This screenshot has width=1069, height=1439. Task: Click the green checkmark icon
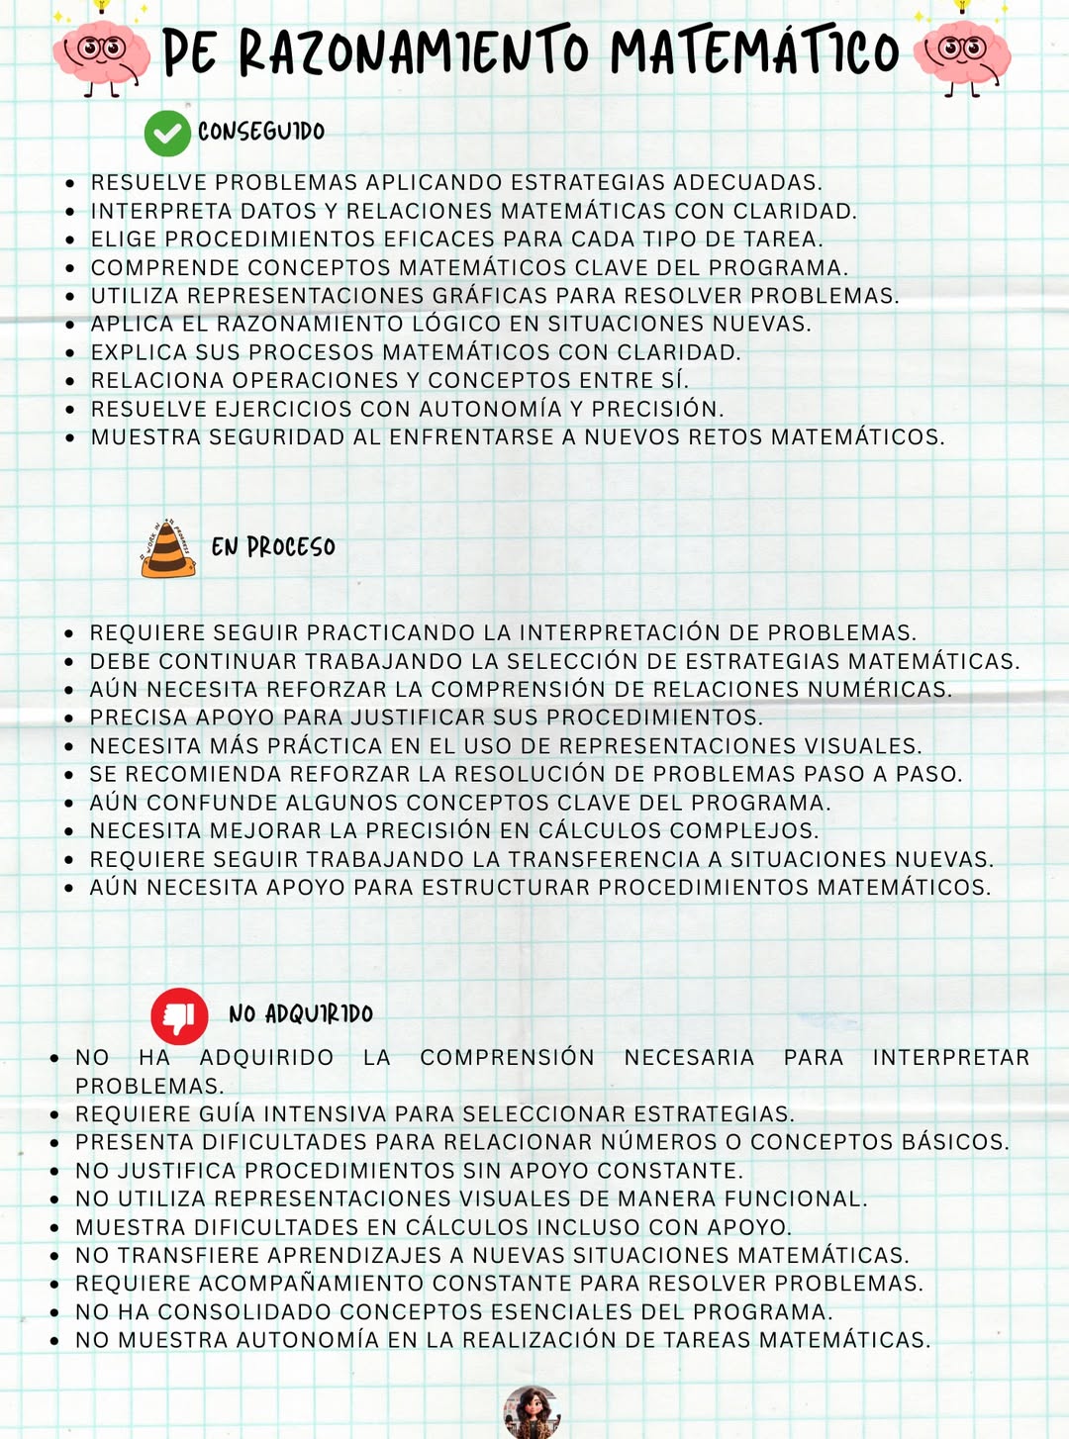[167, 134]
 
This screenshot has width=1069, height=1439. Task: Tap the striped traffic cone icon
[167, 548]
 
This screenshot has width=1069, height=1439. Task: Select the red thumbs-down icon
[179, 1015]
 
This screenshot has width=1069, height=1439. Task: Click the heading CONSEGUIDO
[261, 132]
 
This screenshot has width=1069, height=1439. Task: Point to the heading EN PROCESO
[273, 547]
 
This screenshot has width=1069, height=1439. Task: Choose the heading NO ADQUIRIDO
[301, 1014]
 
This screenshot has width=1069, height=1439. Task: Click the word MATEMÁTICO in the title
[754, 52]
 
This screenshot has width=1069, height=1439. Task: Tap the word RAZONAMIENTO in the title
[414, 52]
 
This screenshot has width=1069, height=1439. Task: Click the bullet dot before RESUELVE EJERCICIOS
[69, 410]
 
